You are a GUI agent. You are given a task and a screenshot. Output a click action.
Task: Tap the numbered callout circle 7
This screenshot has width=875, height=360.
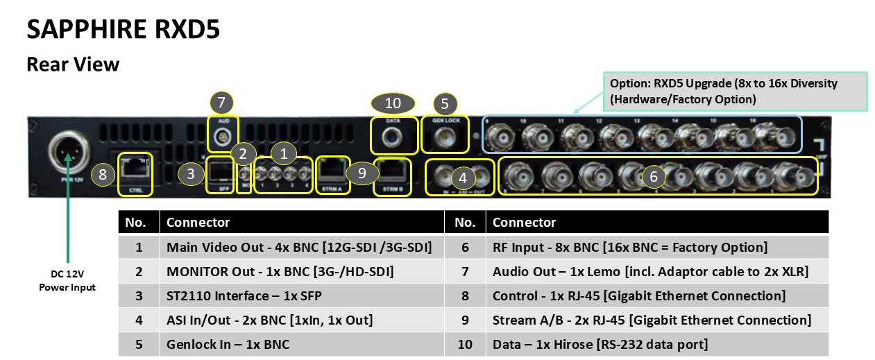pyautogui.click(x=221, y=103)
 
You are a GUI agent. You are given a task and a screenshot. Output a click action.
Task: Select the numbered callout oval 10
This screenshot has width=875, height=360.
pyautogui.click(x=393, y=103)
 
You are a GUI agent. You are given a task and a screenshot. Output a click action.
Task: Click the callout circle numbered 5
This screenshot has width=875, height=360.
pyautogui.click(x=445, y=104)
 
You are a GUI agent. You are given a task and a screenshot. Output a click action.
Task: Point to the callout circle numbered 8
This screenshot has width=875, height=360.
pyautogui.click(x=103, y=174)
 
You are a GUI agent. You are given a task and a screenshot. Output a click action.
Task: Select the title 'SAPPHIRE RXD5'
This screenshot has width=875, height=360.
pyautogui.click(x=123, y=31)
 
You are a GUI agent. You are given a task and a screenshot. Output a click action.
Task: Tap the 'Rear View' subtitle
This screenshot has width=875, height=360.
pyautogui.click(x=73, y=65)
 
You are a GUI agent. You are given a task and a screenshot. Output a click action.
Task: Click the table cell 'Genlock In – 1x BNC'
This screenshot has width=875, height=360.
pyautogui.click(x=228, y=344)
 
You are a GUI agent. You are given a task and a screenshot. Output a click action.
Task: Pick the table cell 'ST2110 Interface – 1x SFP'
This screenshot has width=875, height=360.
pyautogui.click(x=244, y=295)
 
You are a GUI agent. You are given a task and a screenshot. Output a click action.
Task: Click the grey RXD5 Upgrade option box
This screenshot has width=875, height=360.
pyautogui.click(x=735, y=91)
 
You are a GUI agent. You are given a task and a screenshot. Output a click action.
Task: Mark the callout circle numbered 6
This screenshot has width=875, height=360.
pyautogui.click(x=653, y=177)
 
